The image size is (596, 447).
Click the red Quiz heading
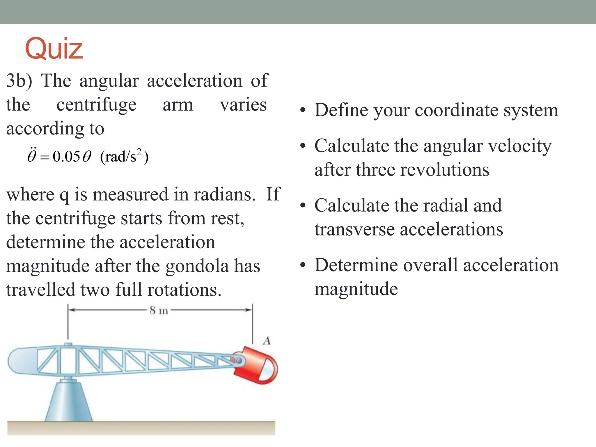click(x=54, y=49)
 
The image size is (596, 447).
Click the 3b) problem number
click(x=19, y=81)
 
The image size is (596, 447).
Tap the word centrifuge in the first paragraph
click(x=96, y=105)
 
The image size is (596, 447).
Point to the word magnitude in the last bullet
click(x=356, y=289)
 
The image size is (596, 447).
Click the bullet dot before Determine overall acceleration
click(x=303, y=265)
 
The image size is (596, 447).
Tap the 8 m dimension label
click(x=159, y=311)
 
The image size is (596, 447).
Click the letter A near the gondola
click(x=267, y=341)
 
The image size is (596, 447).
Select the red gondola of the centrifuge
click(x=256, y=365)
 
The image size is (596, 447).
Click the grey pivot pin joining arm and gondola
click(x=239, y=361)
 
